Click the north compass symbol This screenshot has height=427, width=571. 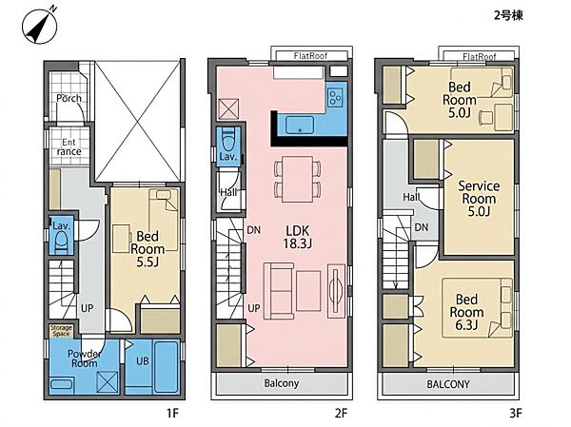(40, 26)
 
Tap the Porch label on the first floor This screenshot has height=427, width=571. (69, 98)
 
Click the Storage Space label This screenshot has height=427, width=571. (61, 331)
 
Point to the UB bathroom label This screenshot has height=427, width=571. (143, 361)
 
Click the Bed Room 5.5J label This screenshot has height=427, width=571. (148, 249)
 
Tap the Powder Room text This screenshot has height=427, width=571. (85, 359)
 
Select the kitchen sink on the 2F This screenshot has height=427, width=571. (300, 125)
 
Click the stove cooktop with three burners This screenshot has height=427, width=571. (335, 97)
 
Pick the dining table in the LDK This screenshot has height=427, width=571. (298, 179)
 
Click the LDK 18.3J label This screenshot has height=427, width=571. (298, 237)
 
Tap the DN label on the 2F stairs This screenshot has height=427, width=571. (254, 230)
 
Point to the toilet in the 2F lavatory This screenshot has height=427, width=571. (228, 140)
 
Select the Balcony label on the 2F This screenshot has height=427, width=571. (282, 383)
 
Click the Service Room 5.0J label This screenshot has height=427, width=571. (479, 199)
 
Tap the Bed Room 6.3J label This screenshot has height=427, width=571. (466, 312)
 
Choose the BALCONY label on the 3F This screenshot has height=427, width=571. (448, 384)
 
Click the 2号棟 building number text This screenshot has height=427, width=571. (509, 15)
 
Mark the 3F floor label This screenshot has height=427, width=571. (516, 413)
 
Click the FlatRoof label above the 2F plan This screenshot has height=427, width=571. (310, 56)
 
